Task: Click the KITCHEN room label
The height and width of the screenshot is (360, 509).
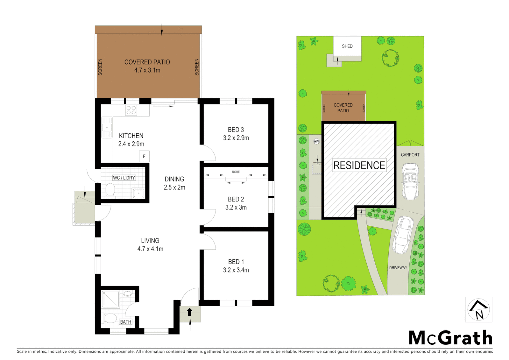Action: pyautogui.click(x=131, y=136)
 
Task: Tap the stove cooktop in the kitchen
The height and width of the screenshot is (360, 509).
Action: pyautogui.click(x=131, y=110)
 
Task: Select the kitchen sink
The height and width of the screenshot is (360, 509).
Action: pyautogui.click(x=107, y=127)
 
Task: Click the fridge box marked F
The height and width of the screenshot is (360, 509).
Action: pyautogui.click(x=144, y=156)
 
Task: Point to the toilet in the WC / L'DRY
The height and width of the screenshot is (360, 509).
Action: pyautogui.click(x=110, y=191)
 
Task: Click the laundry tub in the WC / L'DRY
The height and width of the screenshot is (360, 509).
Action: pyautogui.click(x=138, y=193)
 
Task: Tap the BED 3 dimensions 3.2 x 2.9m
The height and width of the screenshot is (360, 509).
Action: pyautogui.click(x=236, y=138)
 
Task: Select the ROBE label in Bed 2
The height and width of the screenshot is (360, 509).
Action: pyautogui.click(x=236, y=172)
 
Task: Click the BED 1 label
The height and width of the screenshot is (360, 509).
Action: pyautogui.click(x=236, y=262)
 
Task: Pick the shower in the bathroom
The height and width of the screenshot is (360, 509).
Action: pyautogui.click(x=110, y=299)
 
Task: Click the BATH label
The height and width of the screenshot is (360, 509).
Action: pyautogui.click(x=126, y=322)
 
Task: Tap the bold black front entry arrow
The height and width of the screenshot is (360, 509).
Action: pyautogui.click(x=190, y=312)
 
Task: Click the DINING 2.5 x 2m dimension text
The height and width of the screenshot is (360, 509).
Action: pyautogui.click(x=174, y=187)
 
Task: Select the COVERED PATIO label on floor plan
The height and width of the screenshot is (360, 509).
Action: pyautogui.click(x=147, y=62)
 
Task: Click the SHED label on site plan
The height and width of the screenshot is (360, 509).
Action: pyautogui.click(x=347, y=46)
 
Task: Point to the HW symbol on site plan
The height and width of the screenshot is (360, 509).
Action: pyautogui.click(x=316, y=142)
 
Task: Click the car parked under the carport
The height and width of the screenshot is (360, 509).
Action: pyautogui.click(x=410, y=181)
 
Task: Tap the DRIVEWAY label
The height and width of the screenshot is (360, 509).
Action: pyautogui.click(x=398, y=268)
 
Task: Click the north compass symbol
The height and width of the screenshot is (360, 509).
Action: pyautogui.click(x=478, y=310)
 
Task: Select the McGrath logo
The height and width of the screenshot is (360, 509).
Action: pyautogui.click(x=450, y=338)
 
